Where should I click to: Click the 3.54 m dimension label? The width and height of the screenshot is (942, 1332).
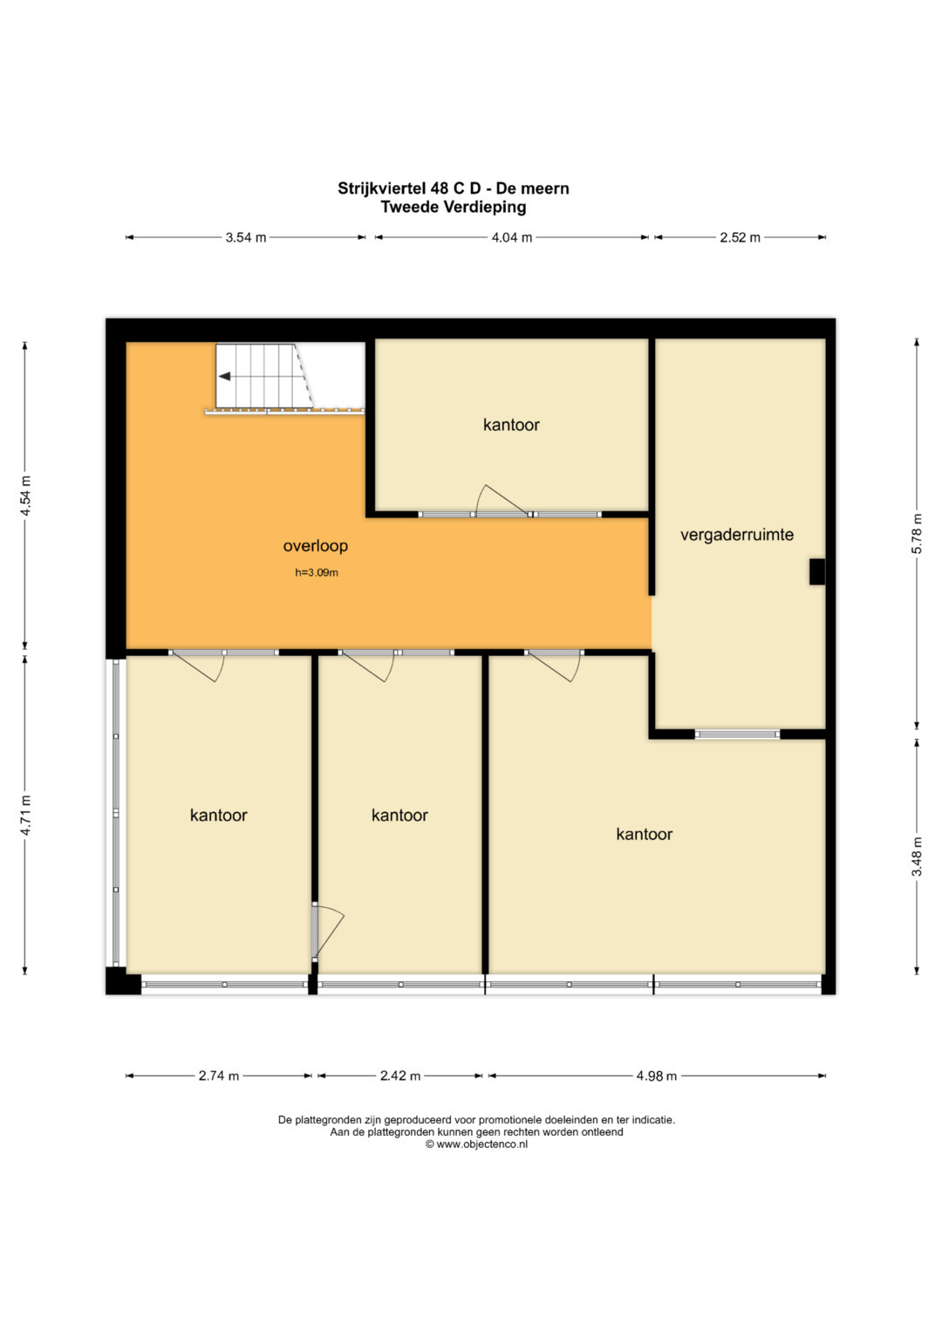(246, 238)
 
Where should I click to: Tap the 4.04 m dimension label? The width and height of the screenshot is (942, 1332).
(511, 238)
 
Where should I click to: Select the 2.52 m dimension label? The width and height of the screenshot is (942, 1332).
(740, 238)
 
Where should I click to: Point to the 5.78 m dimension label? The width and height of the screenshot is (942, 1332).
(917, 533)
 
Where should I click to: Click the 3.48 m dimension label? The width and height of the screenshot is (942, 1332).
(917, 857)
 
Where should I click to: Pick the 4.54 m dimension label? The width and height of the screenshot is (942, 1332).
(25, 496)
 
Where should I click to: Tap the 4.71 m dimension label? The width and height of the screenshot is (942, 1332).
(25, 815)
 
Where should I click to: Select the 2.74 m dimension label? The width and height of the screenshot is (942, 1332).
(219, 1076)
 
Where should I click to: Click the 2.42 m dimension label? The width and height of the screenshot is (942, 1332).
(400, 1076)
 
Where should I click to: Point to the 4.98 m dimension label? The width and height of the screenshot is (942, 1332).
(657, 1076)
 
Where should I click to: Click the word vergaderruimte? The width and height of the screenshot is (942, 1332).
(737, 536)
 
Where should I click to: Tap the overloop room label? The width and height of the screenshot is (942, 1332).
(315, 546)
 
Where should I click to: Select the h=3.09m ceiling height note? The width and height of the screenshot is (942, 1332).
(317, 572)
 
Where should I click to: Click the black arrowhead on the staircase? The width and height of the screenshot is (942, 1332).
(225, 377)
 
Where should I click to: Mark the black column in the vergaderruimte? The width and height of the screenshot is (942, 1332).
(816, 572)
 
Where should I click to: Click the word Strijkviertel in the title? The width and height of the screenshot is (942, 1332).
(383, 188)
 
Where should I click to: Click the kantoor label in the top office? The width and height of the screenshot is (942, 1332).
(511, 425)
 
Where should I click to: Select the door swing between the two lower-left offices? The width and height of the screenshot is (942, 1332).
(328, 932)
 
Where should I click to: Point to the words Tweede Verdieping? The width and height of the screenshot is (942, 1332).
(454, 208)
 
